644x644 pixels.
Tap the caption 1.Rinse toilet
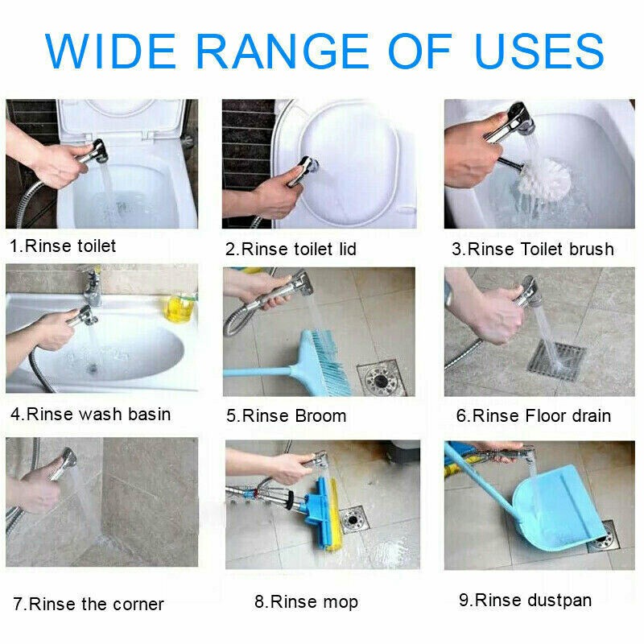click(63, 246)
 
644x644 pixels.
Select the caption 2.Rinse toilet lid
click(291, 249)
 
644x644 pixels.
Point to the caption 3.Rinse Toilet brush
click(532, 249)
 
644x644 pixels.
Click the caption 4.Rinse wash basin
click(90, 414)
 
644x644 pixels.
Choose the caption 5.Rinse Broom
click(286, 416)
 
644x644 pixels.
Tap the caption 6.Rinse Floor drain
click(533, 416)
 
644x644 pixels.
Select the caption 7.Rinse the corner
click(88, 604)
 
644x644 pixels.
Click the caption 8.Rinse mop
click(306, 601)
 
